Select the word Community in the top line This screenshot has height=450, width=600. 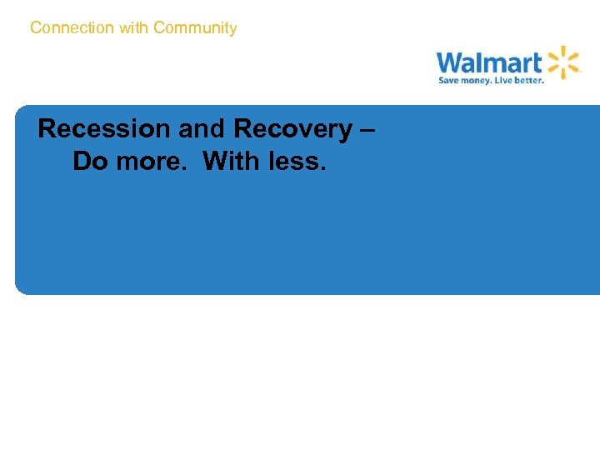[x=195, y=28]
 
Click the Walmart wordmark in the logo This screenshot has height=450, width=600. [x=488, y=62]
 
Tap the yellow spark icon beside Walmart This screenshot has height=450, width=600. [x=563, y=62]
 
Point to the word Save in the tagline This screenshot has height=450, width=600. [x=450, y=81]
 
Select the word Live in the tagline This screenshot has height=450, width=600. [x=508, y=81]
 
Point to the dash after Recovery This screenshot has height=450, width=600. [x=369, y=130]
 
